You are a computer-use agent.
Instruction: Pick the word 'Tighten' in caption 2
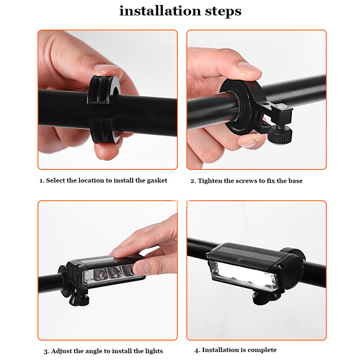(209, 181)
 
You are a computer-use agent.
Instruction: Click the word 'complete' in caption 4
(260, 350)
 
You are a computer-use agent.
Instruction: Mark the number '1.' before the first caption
(42, 180)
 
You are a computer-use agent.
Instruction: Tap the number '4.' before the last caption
(197, 350)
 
